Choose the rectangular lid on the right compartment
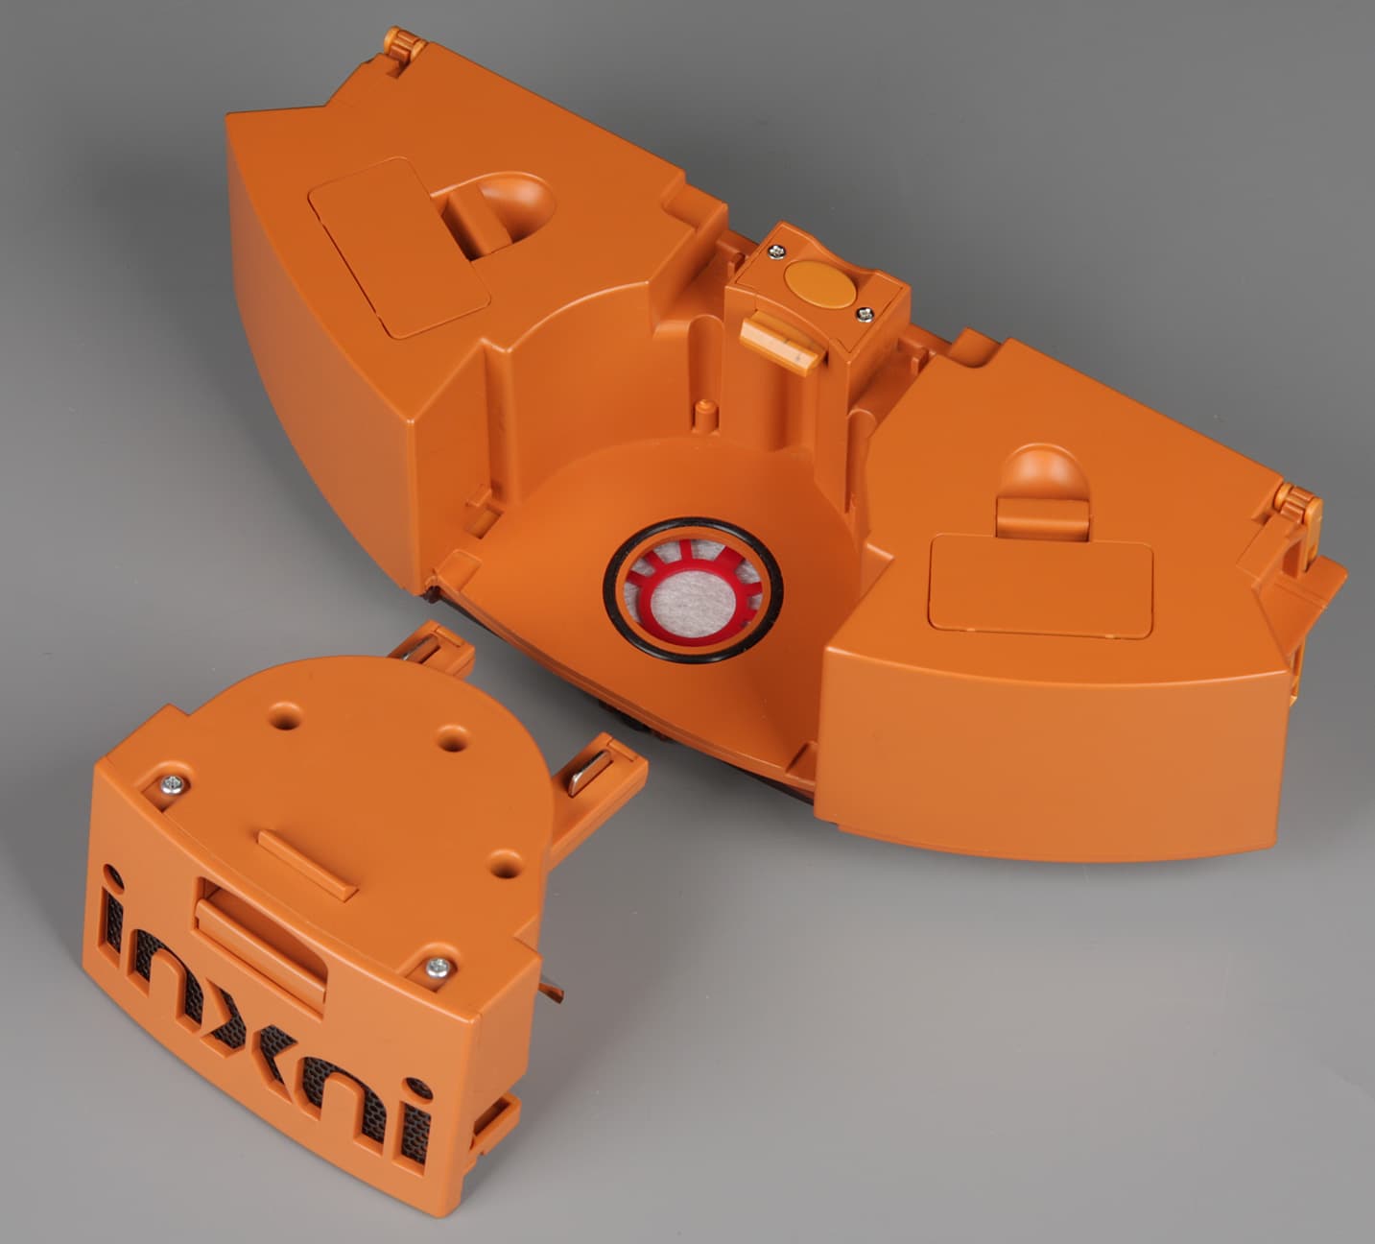(x=1040, y=587)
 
